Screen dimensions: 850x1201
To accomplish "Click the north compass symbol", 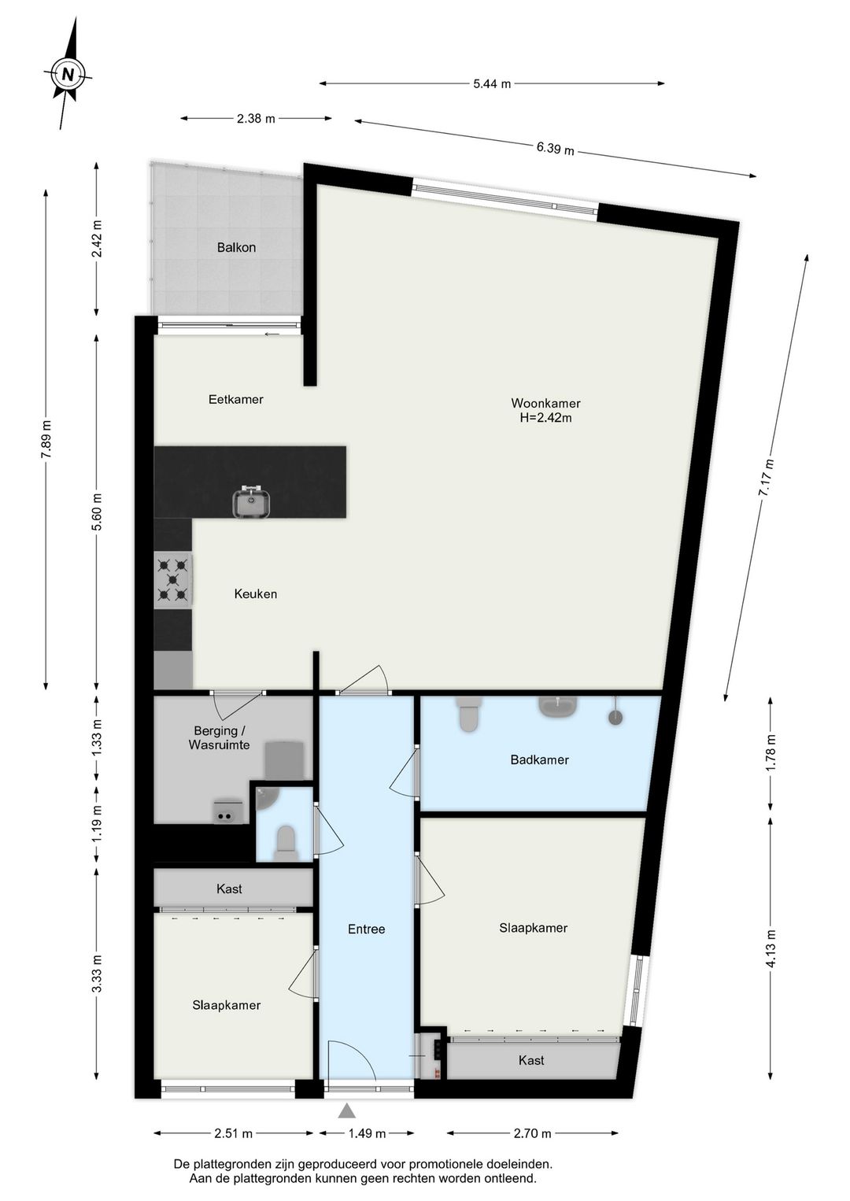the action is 68,73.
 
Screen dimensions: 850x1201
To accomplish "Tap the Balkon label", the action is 236,248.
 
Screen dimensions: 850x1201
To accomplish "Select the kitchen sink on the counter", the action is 250,501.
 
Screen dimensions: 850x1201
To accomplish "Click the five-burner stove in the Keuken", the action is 172,580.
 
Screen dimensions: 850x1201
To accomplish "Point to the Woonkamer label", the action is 545,403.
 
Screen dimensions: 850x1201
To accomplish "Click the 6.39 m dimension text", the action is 555,149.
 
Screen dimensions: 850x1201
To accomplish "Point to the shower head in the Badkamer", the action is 615,715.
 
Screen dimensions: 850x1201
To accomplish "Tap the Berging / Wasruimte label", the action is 219,737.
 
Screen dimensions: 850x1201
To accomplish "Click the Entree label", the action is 366,929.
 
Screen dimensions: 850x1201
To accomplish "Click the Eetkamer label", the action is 236,400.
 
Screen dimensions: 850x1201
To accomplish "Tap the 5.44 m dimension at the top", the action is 492,83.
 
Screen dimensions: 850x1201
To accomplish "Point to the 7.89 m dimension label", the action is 48,438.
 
